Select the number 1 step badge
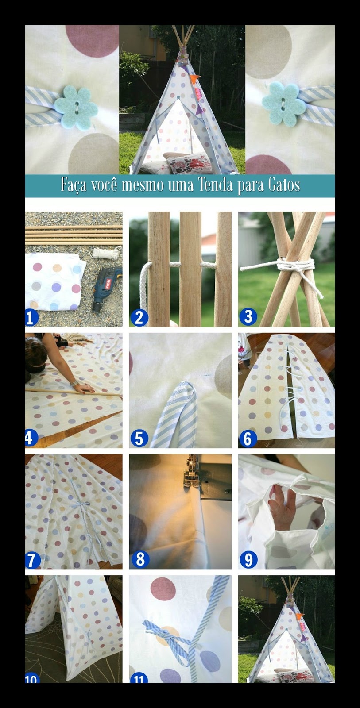32,318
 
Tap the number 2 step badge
139,318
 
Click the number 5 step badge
139,439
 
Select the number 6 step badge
248,439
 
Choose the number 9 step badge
248,560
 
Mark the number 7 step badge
32,560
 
